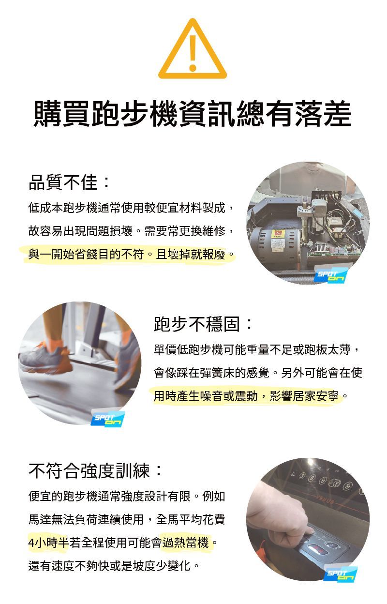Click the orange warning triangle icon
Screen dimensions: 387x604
click(193, 49)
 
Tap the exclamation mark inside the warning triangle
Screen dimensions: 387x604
click(193, 53)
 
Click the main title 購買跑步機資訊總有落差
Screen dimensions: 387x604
click(193, 113)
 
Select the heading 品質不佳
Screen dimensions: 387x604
click(69, 182)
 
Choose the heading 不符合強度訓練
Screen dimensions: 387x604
click(95, 471)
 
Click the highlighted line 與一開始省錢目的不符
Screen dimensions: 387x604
click(87, 254)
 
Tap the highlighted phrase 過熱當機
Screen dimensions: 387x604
click(185, 542)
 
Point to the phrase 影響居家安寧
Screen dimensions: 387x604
click(304, 396)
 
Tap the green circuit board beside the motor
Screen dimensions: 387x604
click(334, 250)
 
